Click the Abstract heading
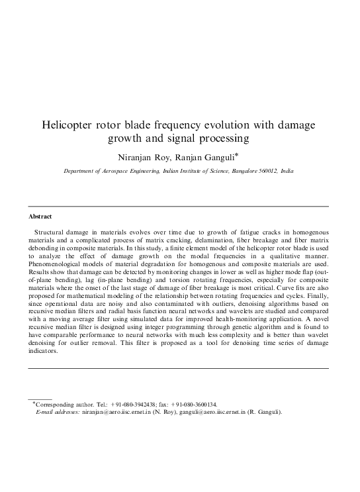(x=41, y=217)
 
